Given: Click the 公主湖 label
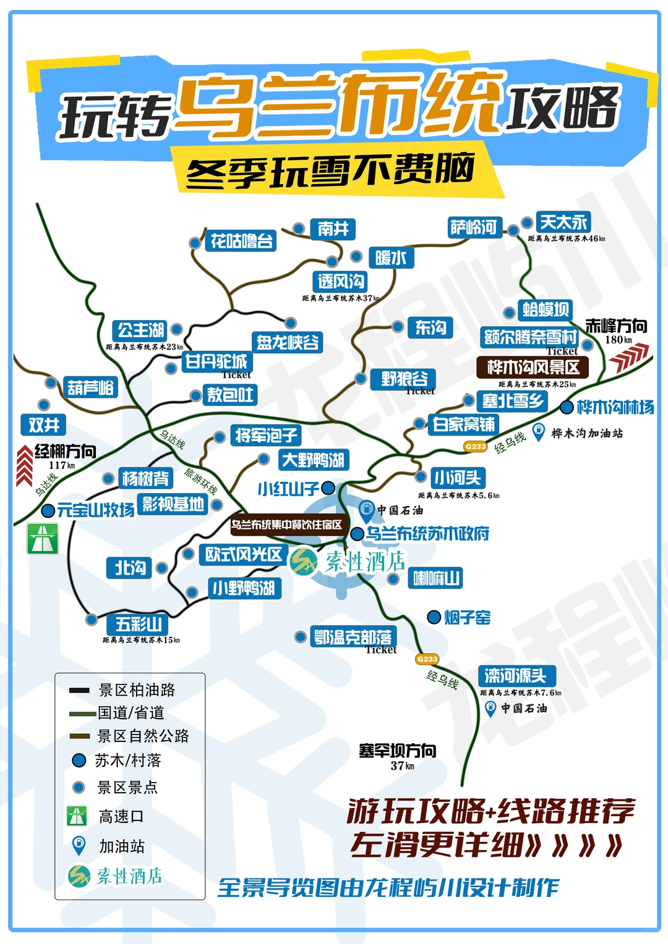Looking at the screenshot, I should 141,330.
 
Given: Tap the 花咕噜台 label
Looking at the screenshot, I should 241,241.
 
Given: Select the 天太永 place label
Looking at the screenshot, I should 563,222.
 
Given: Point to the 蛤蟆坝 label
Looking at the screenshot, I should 546,309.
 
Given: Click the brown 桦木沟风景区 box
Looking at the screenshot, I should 533,368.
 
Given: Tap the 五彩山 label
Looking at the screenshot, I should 139,624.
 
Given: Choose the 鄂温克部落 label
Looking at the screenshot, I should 353,637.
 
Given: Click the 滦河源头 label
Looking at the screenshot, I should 516,675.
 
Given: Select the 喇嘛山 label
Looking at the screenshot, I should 437,579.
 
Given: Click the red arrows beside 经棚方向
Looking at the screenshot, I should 24,465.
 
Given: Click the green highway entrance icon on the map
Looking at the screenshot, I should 42,538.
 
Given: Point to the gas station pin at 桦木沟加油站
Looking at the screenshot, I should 539,431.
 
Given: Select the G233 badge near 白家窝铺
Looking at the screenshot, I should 475,446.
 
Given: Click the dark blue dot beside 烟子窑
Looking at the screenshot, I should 434,617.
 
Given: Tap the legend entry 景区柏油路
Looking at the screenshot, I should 137,689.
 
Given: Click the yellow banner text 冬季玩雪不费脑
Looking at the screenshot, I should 331,171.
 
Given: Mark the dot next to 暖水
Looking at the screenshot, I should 356,256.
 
